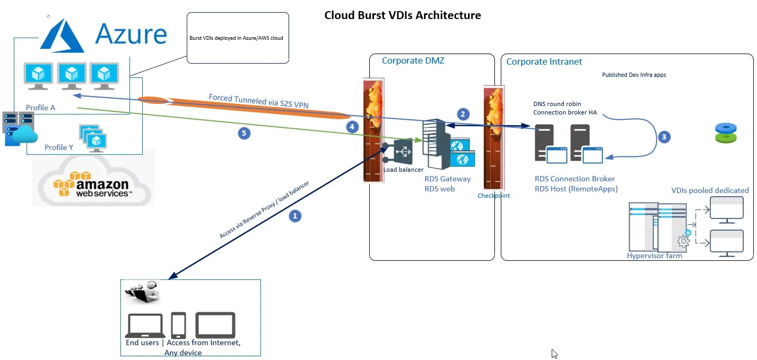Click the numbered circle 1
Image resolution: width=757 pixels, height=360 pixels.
tap(295, 216)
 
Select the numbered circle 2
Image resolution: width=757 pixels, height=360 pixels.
tap(463, 114)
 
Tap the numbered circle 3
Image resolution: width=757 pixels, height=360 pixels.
tap(664, 137)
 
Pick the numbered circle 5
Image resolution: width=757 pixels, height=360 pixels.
tap(244, 133)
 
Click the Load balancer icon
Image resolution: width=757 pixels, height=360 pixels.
tap(403, 152)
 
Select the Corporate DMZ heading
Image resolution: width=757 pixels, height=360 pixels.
tap(413, 60)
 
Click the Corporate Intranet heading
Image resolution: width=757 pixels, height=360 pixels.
tap(544, 62)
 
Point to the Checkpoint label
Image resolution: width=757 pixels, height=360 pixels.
tap(493, 196)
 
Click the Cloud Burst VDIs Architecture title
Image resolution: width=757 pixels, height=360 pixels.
tap(403, 15)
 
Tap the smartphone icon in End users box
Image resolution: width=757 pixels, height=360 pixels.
tap(178, 325)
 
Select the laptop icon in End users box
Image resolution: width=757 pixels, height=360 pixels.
tap(145, 326)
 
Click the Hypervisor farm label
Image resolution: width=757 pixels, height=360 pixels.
tap(654, 256)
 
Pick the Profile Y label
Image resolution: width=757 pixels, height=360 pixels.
tap(59, 147)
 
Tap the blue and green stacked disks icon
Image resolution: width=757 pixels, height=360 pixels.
tap(726, 133)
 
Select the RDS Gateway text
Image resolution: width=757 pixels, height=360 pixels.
tap(447, 179)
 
